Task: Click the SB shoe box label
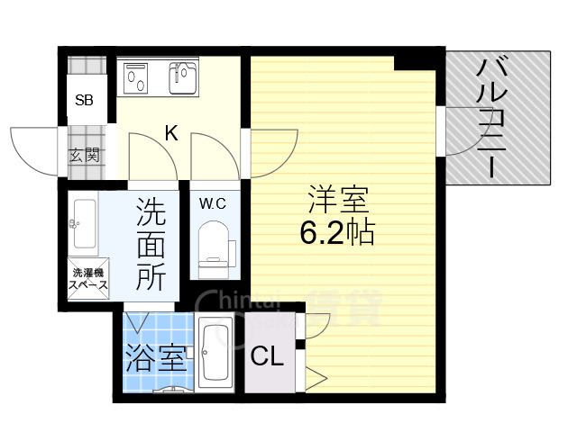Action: (x=84, y=100)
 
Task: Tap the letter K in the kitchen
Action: (x=170, y=134)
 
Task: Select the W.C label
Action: (x=213, y=202)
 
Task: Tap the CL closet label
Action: (x=267, y=357)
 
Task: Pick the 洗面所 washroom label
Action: (x=151, y=245)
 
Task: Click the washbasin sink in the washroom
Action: (x=83, y=223)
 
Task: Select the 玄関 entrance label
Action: (x=84, y=155)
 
